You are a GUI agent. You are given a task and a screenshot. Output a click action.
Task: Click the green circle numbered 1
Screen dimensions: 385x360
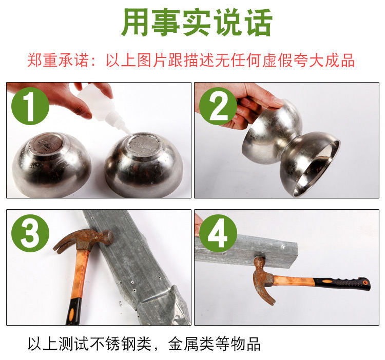click(x=30, y=106)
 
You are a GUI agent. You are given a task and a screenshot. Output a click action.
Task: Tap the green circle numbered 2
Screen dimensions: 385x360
click(x=218, y=106)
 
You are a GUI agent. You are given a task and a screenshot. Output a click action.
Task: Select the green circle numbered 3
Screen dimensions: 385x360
click(x=30, y=233)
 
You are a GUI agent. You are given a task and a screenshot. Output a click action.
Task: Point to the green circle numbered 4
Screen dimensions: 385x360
click(x=218, y=233)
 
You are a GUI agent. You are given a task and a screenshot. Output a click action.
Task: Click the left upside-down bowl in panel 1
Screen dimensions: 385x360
click(x=51, y=165)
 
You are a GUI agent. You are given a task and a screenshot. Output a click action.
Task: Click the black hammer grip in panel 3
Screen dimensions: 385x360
click(x=73, y=312)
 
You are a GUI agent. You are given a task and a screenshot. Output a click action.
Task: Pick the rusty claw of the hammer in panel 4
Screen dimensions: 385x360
click(x=264, y=292)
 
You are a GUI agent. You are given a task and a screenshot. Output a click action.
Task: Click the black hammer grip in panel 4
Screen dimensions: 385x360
click(x=342, y=284)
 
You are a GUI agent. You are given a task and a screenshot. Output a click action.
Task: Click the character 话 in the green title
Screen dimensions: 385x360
click(x=259, y=23)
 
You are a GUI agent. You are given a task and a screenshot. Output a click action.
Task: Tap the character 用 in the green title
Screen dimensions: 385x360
click(x=134, y=23)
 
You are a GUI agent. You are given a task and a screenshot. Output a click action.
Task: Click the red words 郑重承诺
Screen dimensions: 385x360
click(x=58, y=61)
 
